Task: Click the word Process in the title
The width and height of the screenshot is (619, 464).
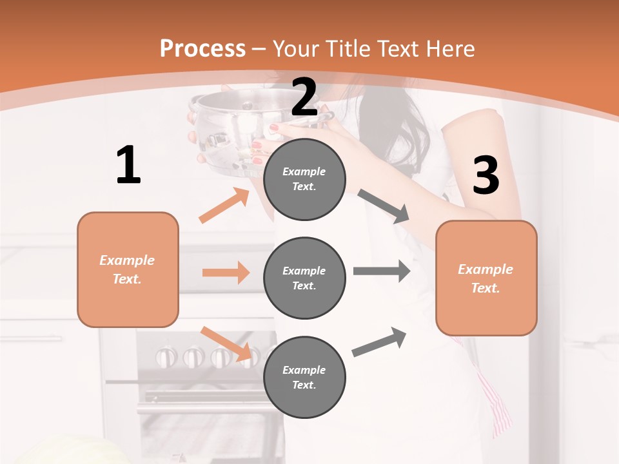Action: (x=202, y=49)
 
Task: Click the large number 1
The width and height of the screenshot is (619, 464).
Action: (x=128, y=165)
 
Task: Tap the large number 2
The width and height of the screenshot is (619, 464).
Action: (x=304, y=97)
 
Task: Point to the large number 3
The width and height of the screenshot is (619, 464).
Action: (x=486, y=175)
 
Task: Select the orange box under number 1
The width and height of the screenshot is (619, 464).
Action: (x=128, y=269)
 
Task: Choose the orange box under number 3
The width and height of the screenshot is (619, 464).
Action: (x=486, y=278)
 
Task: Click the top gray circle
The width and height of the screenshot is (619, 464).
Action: (x=304, y=179)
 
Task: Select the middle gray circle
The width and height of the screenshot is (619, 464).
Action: (x=304, y=278)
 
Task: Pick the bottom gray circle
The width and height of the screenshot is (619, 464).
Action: (x=304, y=377)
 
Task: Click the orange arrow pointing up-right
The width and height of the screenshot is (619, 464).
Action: (x=224, y=206)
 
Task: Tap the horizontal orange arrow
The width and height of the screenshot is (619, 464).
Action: (x=226, y=273)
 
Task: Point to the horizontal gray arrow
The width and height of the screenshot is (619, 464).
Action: (x=382, y=271)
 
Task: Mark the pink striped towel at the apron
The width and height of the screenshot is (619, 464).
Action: (x=496, y=400)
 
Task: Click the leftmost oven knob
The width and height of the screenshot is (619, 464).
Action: (x=166, y=356)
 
